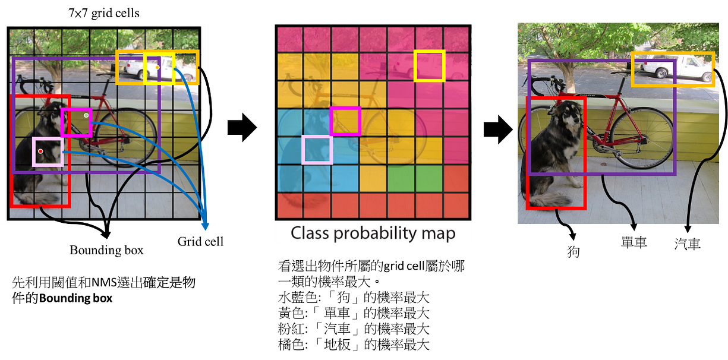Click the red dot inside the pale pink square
click(x=40, y=151)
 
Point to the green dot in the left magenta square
click(x=86, y=115)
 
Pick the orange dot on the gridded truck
click(x=157, y=67)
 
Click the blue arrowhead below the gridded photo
click(x=206, y=226)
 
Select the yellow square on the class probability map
click(x=429, y=65)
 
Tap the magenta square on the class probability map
click(x=345, y=121)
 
